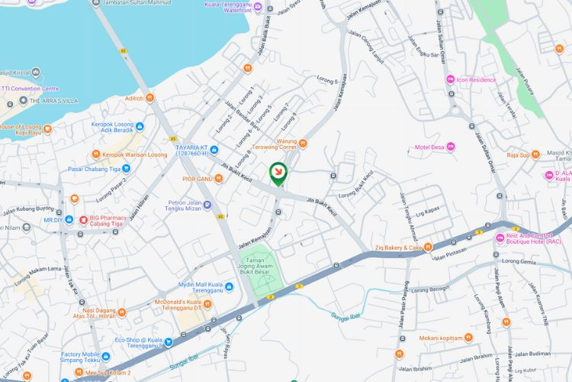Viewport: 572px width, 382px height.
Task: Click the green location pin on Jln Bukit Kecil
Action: pyautogui.click(x=278, y=173)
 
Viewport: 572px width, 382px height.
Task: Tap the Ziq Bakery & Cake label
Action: pyautogui.click(x=397, y=248)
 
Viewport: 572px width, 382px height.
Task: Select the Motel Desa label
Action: pyautogui.click(x=429, y=147)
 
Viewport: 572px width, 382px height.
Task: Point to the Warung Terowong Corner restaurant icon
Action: pyautogui.click(x=304, y=143)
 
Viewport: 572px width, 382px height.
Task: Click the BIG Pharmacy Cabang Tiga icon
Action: pyautogui.click(x=84, y=219)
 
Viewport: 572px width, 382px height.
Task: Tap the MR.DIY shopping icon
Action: pyautogui.click(x=69, y=220)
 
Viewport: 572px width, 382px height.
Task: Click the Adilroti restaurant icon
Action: pyautogui.click(x=149, y=98)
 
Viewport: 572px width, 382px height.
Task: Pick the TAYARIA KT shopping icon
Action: pyautogui.click(x=214, y=149)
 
